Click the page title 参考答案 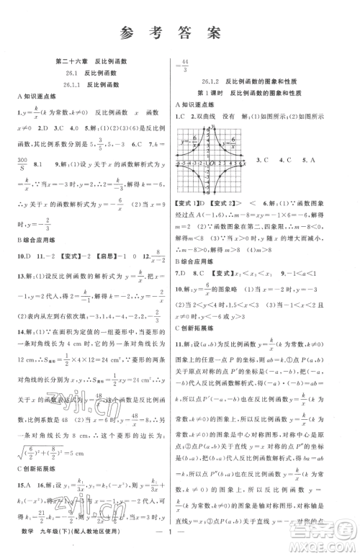pos(180,31)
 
